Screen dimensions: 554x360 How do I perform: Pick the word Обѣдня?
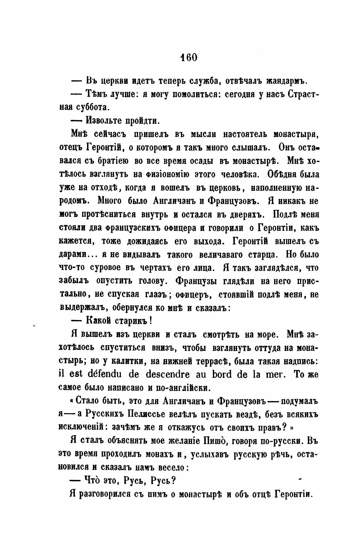click(x=287, y=174)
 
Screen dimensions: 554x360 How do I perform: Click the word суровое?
click(x=109, y=268)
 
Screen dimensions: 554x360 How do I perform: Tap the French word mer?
click(x=274, y=374)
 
